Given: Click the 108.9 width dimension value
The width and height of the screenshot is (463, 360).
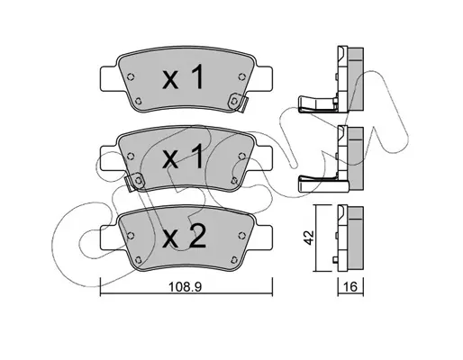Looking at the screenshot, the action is point(185,287).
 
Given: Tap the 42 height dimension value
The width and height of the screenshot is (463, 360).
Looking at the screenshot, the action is point(309,238).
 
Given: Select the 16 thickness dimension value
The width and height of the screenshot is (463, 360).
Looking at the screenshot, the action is point(350,287).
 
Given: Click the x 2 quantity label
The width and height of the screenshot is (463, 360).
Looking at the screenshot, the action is point(184,237).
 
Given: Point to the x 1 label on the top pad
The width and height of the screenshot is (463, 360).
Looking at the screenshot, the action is point(183,77).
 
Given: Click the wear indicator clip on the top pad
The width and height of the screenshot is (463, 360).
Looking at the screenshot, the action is point(238,103).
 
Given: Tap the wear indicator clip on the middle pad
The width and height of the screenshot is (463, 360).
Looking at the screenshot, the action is point(134,182).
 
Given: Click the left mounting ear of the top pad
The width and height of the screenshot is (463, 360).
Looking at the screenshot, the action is point(109,78).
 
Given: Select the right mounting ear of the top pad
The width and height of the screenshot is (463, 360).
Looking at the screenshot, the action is point(263,78).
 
